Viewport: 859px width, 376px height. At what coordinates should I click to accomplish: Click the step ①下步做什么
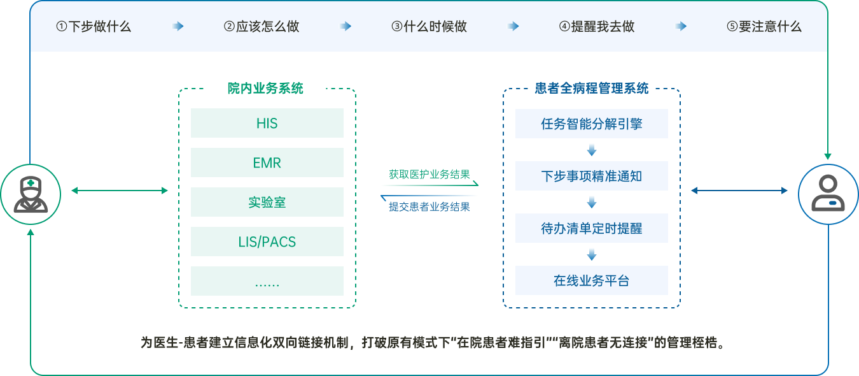click(94, 27)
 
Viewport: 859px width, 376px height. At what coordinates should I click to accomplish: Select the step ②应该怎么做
click(262, 27)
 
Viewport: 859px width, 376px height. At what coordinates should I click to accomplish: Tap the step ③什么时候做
click(429, 27)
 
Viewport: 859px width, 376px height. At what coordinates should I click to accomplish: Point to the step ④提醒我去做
click(597, 27)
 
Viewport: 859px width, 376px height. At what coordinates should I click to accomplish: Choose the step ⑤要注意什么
click(764, 27)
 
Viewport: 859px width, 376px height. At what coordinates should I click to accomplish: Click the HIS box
click(267, 123)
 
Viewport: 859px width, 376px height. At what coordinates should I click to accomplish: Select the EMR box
click(267, 163)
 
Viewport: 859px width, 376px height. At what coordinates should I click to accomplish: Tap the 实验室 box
click(267, 202)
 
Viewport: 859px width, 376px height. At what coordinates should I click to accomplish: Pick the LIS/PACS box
click(267, 242)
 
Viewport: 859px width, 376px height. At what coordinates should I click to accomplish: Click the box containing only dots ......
click(267, 281)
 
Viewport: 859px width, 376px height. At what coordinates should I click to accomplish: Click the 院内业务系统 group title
click(265, 88)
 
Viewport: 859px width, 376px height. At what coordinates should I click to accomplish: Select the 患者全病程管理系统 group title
click(591, 88)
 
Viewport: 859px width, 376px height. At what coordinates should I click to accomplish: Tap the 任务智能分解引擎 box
click(592, 124)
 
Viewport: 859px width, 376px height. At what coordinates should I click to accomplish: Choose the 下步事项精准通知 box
click(592, 176)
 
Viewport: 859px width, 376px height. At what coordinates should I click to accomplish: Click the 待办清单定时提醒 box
click(592, 228)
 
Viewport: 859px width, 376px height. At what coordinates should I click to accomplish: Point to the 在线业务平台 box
click(592, 280)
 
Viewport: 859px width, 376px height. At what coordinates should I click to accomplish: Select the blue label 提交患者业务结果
click(429, 206)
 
